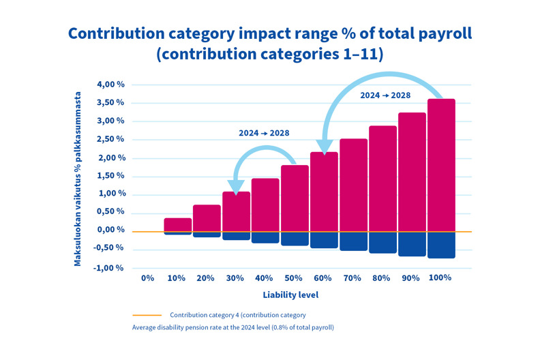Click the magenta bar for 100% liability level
pyautogui.click(x=440, y=165)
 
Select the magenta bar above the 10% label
pyautogui.click(x=177, y=224)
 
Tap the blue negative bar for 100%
pyautogui.click(x=440, y=245)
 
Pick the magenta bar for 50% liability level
pyautogui.click(x=295, y=198)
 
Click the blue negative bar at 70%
pyautogui.click(x=353, y=241)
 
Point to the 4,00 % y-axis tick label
pyautogui.click(x=110, y=85)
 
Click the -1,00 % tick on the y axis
pyautogui.click(x=109, y=267)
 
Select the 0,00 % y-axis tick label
pyautogui.click(x=110, y=230)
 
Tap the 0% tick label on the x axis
pyautogui.click(x=147, y=278)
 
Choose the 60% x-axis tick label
pyautogui.click(x=323, y=278)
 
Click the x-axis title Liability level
pyautogui.click(x=290, y=295)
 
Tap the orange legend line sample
pyautogui.click(x=147, y=315)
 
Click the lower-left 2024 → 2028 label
pyautogui.click(x=262, y=133)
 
